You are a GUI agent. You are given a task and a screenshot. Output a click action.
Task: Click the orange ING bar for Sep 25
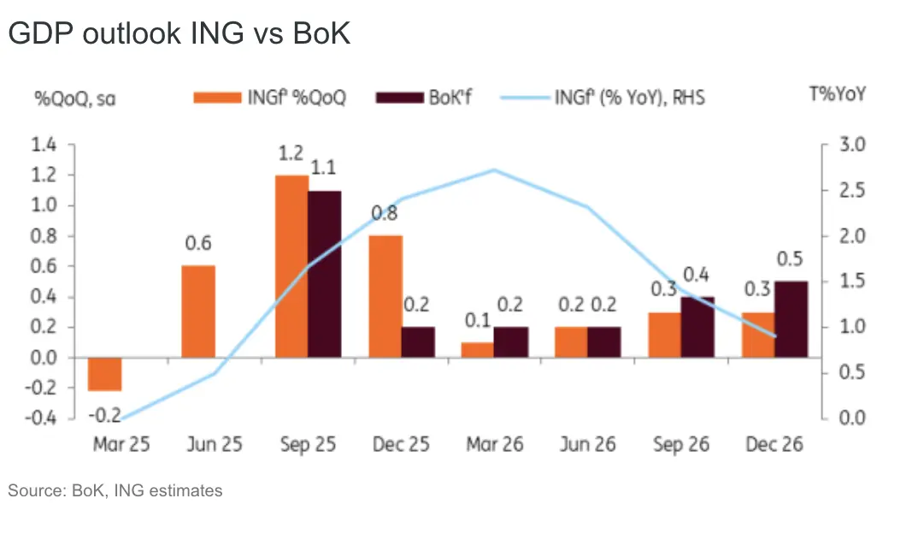click(x=291, y=265)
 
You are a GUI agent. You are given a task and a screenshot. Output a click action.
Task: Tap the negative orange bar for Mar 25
click(x=105, y=374)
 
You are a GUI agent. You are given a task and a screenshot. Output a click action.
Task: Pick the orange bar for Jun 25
click(x=198, y=311)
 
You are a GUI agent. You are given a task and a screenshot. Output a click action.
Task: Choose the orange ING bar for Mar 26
click(x=478, y=349)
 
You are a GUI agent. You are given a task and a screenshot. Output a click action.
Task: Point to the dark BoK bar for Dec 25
click(x=417, y=341)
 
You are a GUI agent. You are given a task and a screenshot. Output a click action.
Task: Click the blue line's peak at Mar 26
click(x=494, y=170)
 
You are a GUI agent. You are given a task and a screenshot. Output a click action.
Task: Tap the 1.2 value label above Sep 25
click(x=291, y=155)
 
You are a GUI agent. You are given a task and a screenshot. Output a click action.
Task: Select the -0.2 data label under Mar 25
click(x=104, y=415)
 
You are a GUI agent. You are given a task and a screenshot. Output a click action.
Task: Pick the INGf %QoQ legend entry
click(x=270, y=97)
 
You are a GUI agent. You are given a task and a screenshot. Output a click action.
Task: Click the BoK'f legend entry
click(x=424, y=97)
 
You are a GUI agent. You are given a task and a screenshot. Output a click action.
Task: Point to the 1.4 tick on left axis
click(x=44, y=145)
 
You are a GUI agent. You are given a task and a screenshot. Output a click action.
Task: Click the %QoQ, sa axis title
click(x=75, y=97)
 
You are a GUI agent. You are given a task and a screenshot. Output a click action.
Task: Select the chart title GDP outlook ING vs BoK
click(x=179, y=33)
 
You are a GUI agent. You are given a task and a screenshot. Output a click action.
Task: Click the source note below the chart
click(x=115, y=490)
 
